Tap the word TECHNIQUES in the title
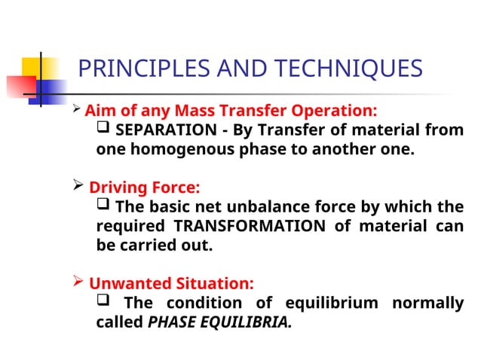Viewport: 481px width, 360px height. click(x=352, y=69)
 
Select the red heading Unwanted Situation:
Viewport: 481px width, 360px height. click(x=171, y=284)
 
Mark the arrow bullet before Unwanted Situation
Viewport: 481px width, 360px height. click(x=78, y=283)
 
